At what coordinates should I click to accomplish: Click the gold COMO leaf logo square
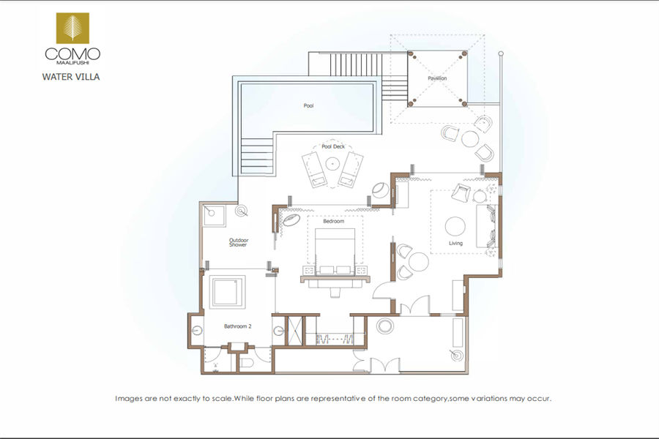click(x=72, y=28)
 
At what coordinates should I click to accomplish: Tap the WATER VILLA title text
click(x=70, y=77)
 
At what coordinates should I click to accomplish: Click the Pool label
click(x=308, y=105)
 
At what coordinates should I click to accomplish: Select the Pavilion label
click(x=437, y=78)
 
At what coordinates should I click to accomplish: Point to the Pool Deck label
click(x=333, y=146)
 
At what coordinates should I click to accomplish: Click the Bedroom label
click(x=333, y=221)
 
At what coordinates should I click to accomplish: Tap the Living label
click(x=455, y=243)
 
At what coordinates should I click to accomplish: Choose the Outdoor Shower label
click(x=238, y=242)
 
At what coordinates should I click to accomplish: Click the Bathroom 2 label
click(x=237, y=326)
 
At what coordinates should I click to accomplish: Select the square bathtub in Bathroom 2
click(x=228, y=292)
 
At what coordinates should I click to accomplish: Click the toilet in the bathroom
click(x=246, y=363)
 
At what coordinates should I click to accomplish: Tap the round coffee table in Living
click(x=455, y=226)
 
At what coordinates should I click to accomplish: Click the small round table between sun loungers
click(x=332, y=163)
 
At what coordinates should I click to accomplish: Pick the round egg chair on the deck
click(x=381, y=190)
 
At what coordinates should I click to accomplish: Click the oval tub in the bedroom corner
click(x=291, y=220)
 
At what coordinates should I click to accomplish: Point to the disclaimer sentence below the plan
click(x=333, y=398)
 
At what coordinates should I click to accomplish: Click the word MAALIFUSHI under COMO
click(x=72, y=63)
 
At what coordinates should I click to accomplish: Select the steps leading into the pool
click(x=257, y=157)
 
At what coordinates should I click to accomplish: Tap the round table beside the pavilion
click(x=470, y=138)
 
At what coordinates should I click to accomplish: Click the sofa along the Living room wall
click(x=486, y=226)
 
